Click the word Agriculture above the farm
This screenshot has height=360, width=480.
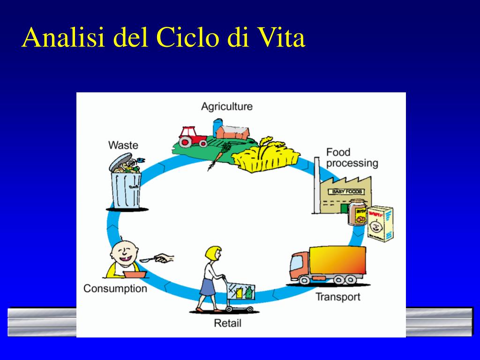(226, 106)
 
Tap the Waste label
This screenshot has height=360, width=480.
(123, 145)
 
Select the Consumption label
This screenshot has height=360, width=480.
(115, 288)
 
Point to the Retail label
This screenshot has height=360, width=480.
(227, 323)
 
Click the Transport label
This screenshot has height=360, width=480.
(337, 297)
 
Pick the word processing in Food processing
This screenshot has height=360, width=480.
(352, 163)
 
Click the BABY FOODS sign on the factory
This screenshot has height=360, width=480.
(347, 192)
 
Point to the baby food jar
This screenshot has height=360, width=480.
(357, 213)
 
